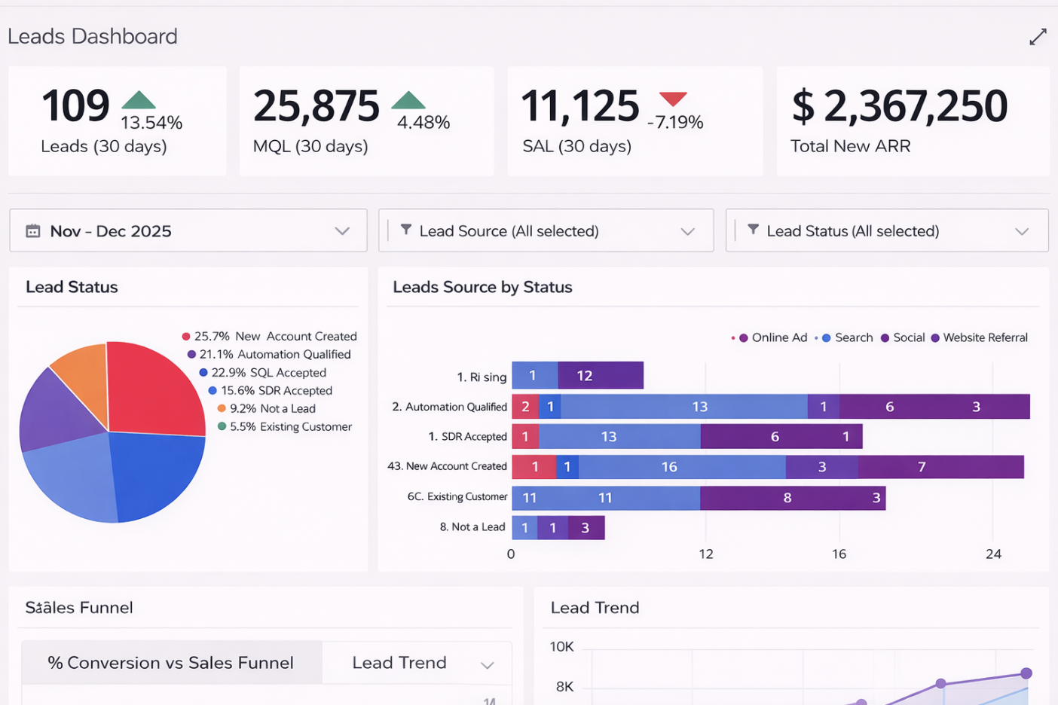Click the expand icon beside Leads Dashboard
pos(1038,37)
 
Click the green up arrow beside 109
pos(138,100)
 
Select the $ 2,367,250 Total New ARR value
pos(900,106)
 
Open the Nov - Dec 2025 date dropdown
pos(188,231)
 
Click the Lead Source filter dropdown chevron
pos(687,232)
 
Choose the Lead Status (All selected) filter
pos(886,231)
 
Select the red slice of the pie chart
pos(154,388)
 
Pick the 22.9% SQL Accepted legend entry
pos(262,373)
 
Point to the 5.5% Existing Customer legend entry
pos(285,427)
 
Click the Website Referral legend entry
pos(979,338)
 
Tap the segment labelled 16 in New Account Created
pos(669,467)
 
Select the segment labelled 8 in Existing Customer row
pos(787,498)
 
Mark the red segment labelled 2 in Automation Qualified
pos(525,407)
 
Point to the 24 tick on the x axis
pos(993,554)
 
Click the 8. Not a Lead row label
pos(472,527)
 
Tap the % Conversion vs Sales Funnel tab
pos(171,663)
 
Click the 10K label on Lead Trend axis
pos(561,647)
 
